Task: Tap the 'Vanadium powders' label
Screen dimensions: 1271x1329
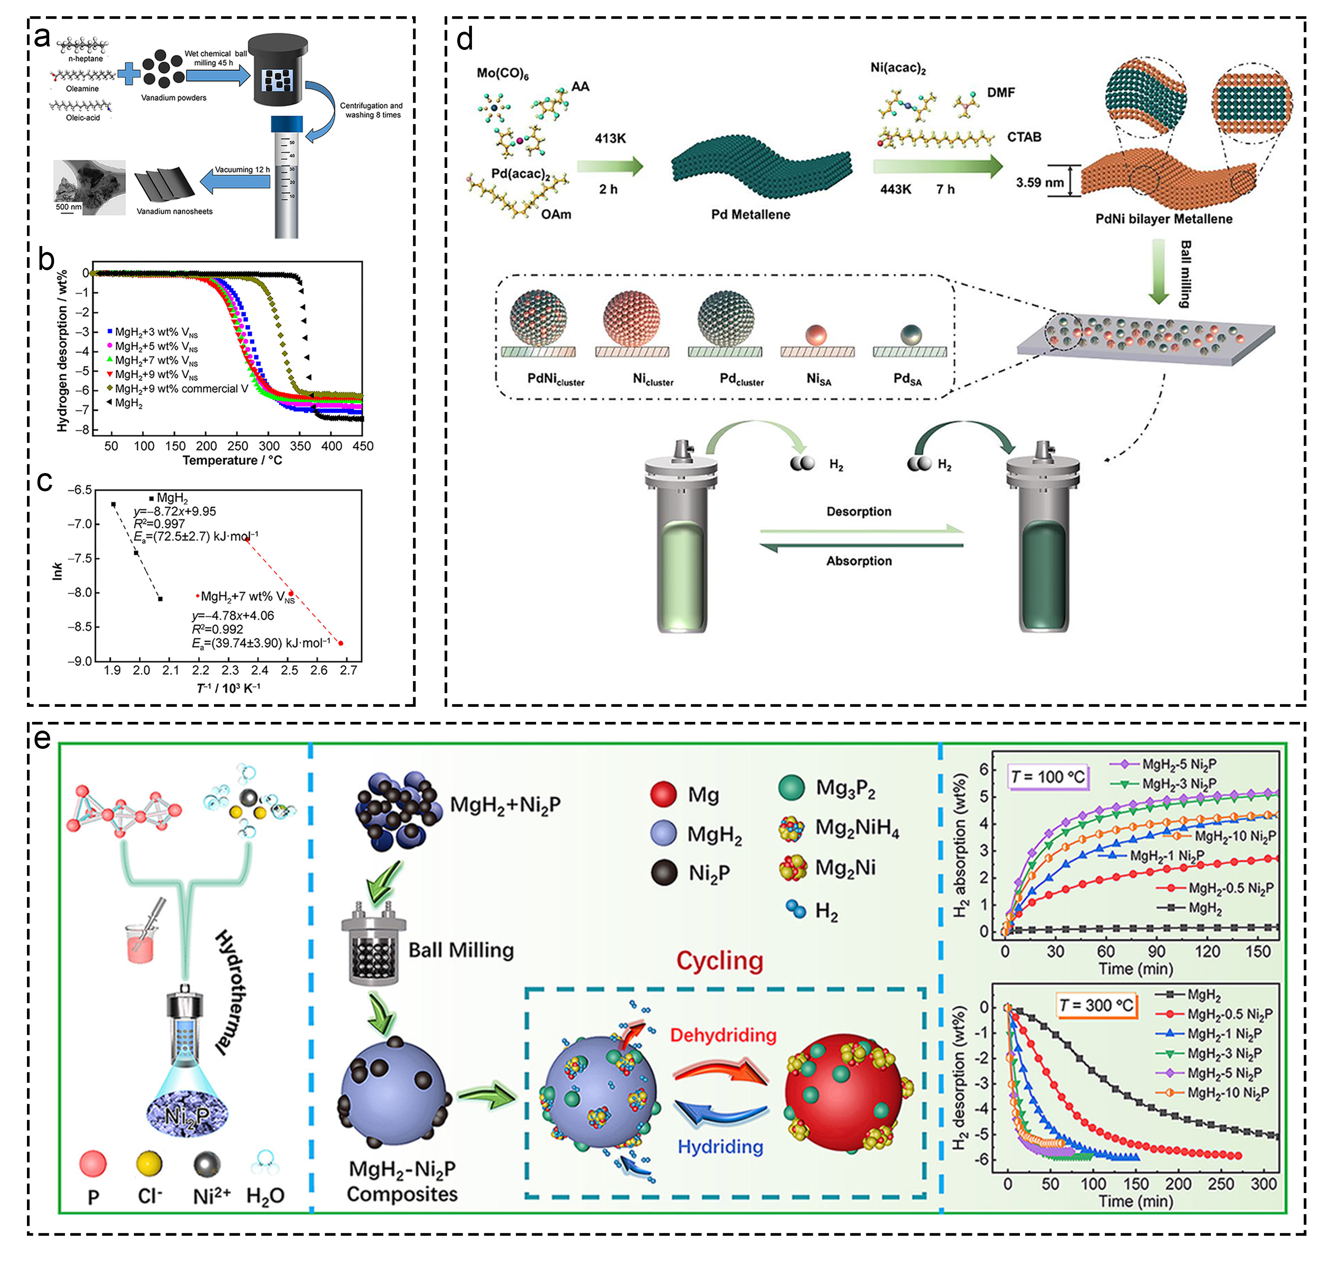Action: coord(174,97)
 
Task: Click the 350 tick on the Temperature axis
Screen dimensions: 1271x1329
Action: coord(300,446)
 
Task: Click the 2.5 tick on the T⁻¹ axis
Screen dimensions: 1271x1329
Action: coord(289,670)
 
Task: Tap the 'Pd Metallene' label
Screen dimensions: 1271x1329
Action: coord(750,215)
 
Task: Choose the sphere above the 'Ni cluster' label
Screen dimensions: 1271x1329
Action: coord(631,319)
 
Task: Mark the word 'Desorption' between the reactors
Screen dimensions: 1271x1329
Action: coord(859,511)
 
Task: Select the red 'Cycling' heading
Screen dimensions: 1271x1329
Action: coord(720,961)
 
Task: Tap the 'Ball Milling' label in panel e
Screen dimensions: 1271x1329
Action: coord(461,950)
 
